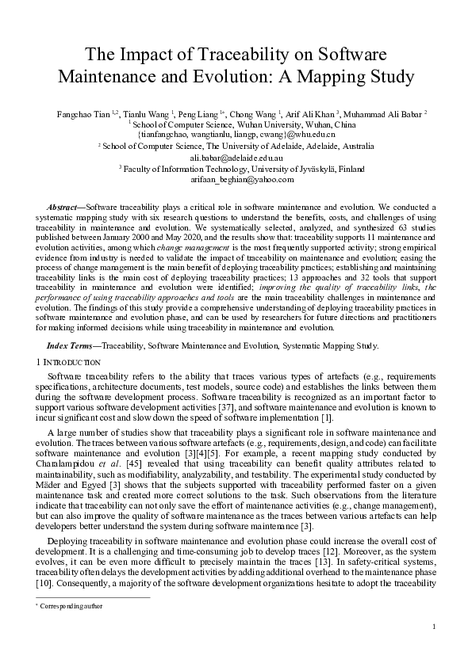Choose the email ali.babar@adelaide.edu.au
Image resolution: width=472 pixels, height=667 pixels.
(235, 158)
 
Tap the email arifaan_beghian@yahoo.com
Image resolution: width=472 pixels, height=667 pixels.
(236, 180)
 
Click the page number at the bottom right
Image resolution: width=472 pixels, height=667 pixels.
(435, 627)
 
